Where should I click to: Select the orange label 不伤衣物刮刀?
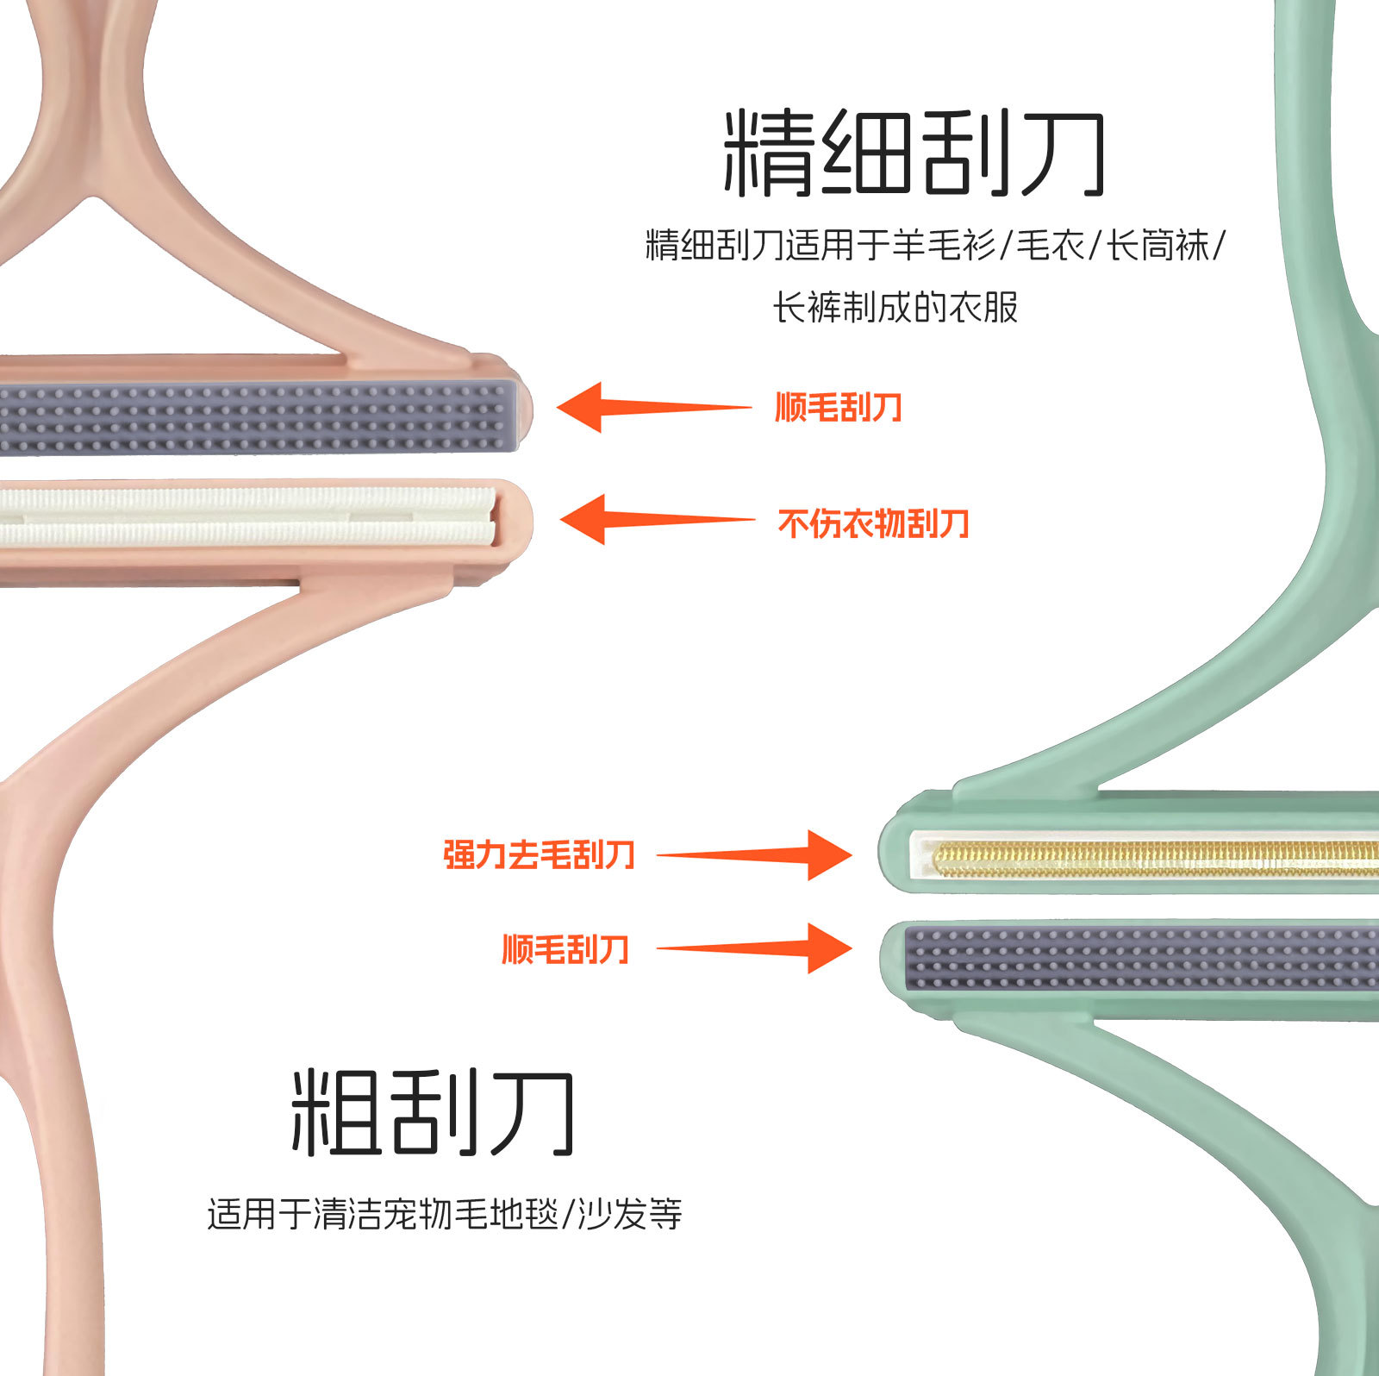point(873,523)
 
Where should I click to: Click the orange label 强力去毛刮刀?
point(540,854)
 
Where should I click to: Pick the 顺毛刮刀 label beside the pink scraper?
point(839,407)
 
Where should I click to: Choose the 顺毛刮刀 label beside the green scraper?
point(565,949)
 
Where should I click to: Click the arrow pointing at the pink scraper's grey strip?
point(652,407)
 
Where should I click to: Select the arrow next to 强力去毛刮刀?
point(755,854)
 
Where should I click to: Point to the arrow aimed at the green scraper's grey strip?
point(755,948)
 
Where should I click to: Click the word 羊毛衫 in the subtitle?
point(945,246)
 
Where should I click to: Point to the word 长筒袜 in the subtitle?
point(1158,246)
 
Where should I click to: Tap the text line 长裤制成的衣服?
point(895,307)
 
